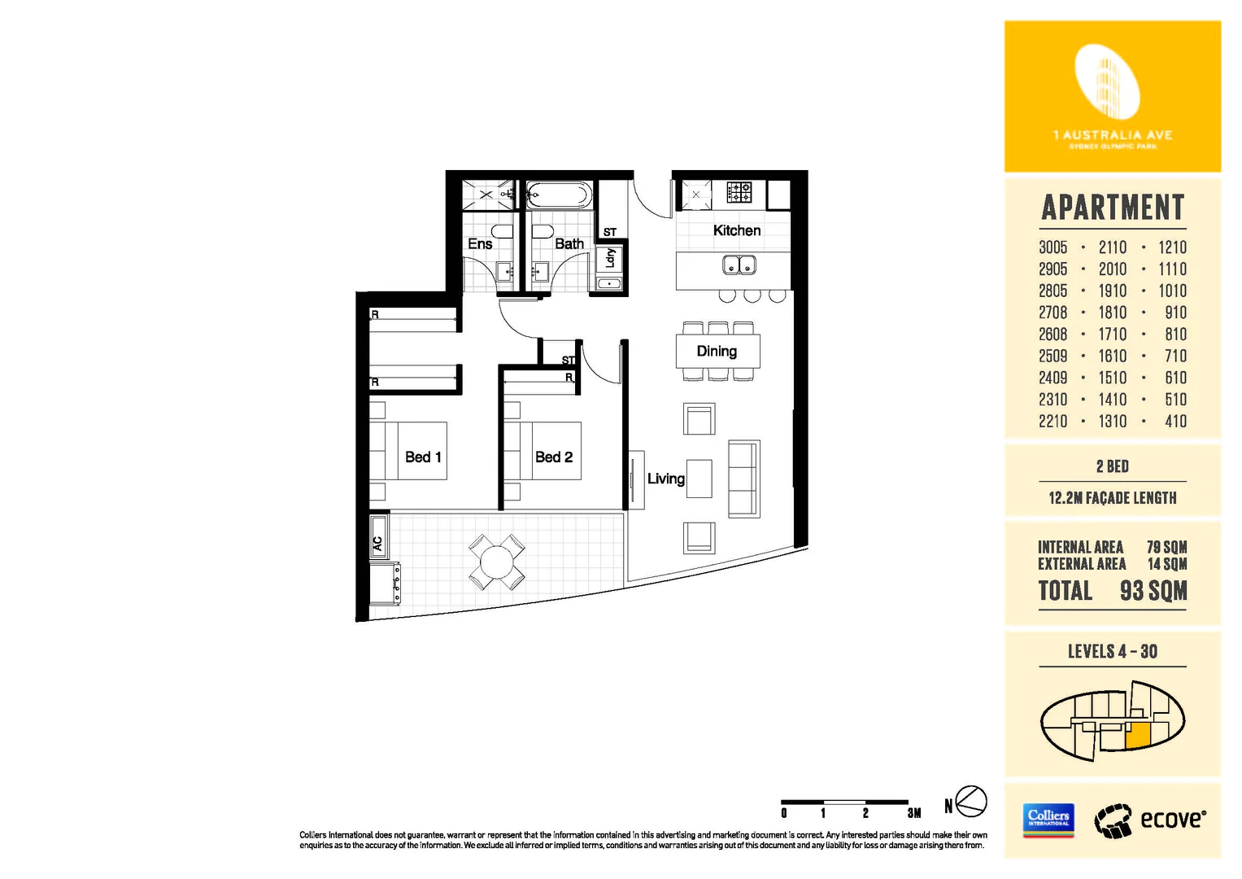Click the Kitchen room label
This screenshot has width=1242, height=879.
[x=737, y=231]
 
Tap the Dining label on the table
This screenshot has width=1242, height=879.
[x=717, y=352]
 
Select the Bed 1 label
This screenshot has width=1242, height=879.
[x=423, y=457]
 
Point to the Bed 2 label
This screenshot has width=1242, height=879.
[x=554, y=457]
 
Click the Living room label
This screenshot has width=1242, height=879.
[x=665, y=479]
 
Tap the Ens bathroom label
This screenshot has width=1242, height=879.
[x=480, y=244]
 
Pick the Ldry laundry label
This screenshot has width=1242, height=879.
[x=610, y=258]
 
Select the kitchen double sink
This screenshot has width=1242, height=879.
[x=739, y=265]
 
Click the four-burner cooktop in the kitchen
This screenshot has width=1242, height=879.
[x=739, y=192]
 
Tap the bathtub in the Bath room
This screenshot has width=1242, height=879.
[x=558, y=195]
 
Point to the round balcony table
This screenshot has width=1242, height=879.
[x=496, y=562]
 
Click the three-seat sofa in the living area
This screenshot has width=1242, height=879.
[x=743, y=479]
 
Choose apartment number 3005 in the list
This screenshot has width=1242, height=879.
[x=1052, y=247]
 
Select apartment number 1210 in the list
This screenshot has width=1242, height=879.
[x=1172, y=247]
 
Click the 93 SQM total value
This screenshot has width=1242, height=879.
[x=1153, y=591]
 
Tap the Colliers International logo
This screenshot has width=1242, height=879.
[x=1048, y=819]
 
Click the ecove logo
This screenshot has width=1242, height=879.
[x=1150, y=820]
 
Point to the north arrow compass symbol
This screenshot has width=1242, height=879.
[x=970, y=802]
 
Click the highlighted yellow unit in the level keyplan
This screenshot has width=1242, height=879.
[x=1139, y=735]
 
